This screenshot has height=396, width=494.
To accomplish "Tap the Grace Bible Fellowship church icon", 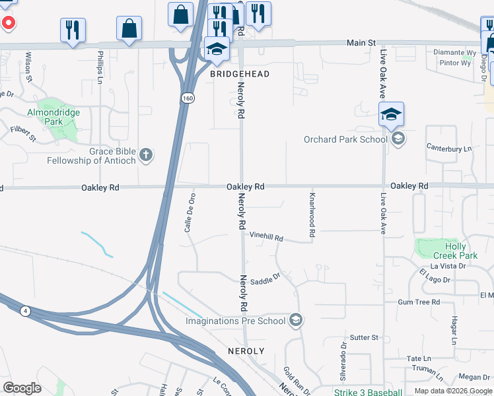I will [147, 156].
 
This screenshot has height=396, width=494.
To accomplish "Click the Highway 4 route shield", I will [25, 310].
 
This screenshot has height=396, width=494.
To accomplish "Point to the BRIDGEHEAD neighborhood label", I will [240, 74].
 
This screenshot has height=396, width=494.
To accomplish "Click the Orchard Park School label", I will [345, 139].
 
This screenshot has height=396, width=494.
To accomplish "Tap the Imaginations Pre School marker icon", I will [296, 321].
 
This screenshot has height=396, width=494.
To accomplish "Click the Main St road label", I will [361, 43].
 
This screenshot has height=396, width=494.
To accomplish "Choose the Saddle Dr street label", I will [265, 279].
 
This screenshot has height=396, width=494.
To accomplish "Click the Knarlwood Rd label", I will [312, 214].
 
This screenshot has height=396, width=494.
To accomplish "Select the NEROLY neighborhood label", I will [246, 351].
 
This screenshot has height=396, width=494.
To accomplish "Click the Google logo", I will [22, 388].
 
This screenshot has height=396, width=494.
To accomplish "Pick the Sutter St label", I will [364, 337].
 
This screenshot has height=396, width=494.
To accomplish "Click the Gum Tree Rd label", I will [419, 302].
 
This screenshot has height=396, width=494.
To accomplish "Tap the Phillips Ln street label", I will [100, 67].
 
